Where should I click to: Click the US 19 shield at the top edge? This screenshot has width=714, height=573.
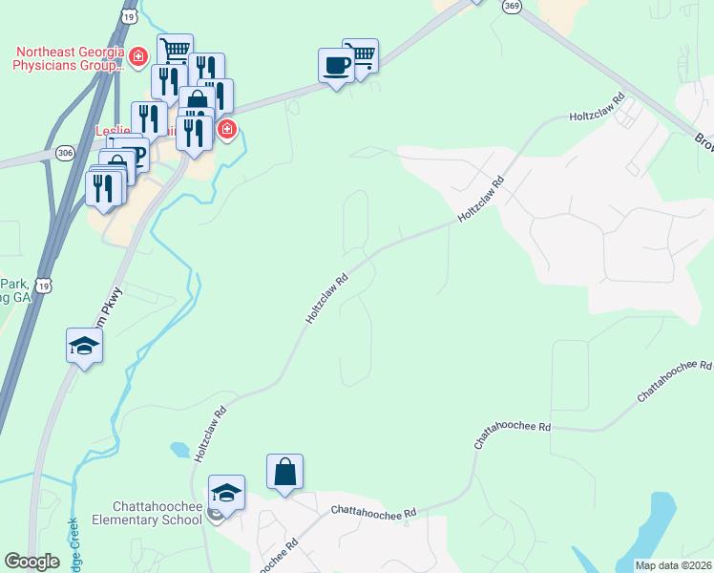click(130, 16)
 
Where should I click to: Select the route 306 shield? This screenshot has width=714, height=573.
click(65, 152)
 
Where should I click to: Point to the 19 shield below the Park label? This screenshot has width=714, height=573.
click(44, 285)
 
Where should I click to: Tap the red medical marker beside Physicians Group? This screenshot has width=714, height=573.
click(138, 58)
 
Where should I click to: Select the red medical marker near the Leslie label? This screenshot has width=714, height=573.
click(226, 129)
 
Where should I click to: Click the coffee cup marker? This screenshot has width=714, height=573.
click(335, 65)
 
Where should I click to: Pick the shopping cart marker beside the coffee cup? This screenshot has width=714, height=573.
click(361, 54)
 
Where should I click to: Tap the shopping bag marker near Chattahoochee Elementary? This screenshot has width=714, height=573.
click(284, 471)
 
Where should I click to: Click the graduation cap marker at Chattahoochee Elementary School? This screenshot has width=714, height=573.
click(226, 492)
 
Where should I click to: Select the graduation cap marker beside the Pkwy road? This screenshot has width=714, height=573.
click(84, 345)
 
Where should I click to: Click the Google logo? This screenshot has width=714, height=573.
click(31, 562)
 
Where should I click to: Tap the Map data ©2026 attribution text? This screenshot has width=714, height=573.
click(673, 565)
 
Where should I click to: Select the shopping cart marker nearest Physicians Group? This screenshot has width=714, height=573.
click(175, 51)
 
